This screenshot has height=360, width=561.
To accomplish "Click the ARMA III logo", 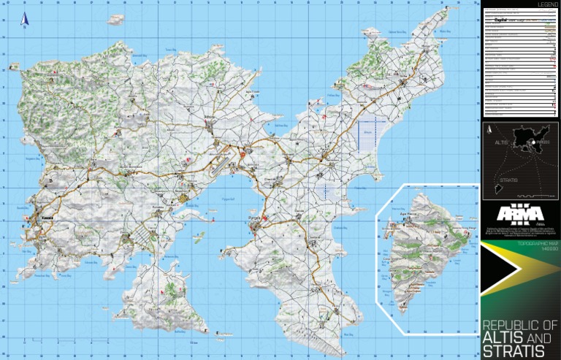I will (519, 214).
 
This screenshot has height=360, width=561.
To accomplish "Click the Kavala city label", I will (45, 218).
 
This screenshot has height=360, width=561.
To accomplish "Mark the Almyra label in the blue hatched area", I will (367, 131).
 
